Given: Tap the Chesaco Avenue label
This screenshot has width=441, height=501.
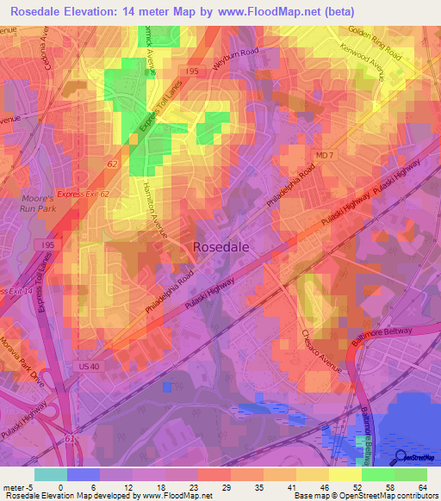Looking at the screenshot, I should coord(321,349).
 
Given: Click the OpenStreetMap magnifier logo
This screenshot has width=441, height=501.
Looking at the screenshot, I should coord(402,456).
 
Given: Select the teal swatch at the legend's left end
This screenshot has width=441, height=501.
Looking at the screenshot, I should coord(50,474).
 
